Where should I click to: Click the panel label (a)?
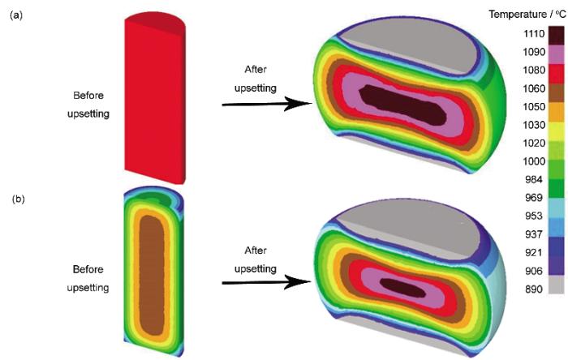pyautogui.click(x=16, y=15)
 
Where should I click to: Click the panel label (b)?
pyautogui.click(x=18, y=199)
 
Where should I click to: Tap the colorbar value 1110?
pyautogui.click(x=534, y=33)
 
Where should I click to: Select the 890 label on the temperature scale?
pyautogui.click(x=534, y=289)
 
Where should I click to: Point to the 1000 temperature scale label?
pyautogui.click(x=534, y=161)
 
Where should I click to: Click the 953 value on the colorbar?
pyautogui.click(x=534, y=216)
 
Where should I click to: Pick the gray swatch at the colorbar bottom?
pyautogui.click(x=556, y=285)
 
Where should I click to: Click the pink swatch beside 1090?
pyautogui.click(x=556, y=54)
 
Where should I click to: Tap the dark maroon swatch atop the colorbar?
pyautogui.click(x=556, y=36)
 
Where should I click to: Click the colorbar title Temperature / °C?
pyautogui.click(x=527, y=14)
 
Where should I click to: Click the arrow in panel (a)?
pyautogui.click(x=267, y=105)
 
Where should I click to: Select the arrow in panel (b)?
pyautogui.click(x=267, y=282)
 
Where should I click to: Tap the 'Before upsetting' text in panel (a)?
pyautogui.click(x=88, y=105)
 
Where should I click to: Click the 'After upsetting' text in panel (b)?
pyautogui.click(x=256, y=259)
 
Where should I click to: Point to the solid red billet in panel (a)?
pyautogui.click(x=155, y=97)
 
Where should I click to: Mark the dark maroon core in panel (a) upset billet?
pyautogui.click(x=402, y=105)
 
